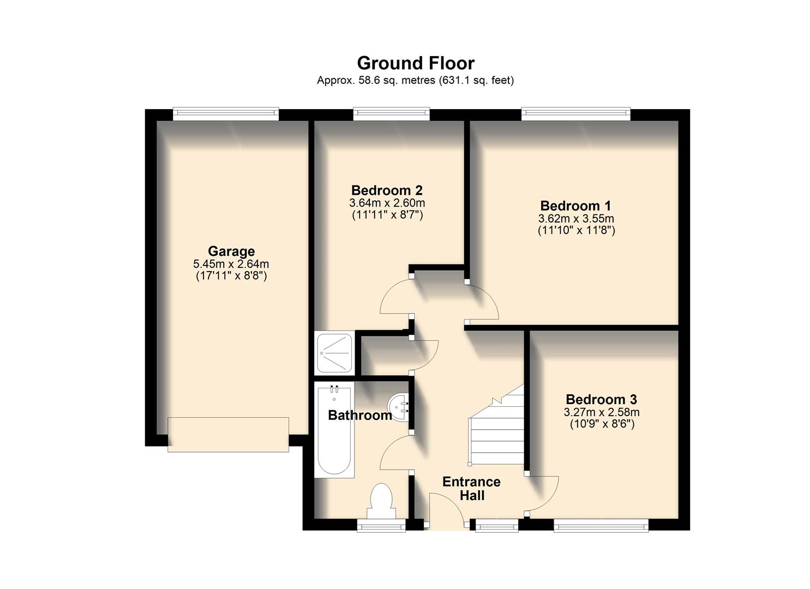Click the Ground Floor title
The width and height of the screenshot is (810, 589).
tap(416, 63)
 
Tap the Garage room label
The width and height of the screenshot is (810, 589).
tap(231, 251)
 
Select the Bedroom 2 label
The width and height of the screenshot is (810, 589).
tap(387, 190)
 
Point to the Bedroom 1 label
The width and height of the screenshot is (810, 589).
tap(575, 206)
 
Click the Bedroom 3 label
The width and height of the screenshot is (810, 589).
tap(601, 399)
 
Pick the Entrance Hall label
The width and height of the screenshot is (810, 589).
tap(471, 489)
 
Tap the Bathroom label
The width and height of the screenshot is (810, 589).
tap(359, 416)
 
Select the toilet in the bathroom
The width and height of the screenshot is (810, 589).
tap(381, 501)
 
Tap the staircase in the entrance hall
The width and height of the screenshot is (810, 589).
tap(495, 431)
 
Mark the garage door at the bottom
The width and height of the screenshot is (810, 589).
tap(228, 434)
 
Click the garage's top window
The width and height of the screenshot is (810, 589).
tap(226, 113)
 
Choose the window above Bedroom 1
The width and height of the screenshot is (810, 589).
tap(575, 113)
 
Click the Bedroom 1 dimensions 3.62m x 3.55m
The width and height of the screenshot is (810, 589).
tap(576, 219)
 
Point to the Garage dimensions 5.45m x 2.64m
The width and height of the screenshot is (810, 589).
tap(231, 264)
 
